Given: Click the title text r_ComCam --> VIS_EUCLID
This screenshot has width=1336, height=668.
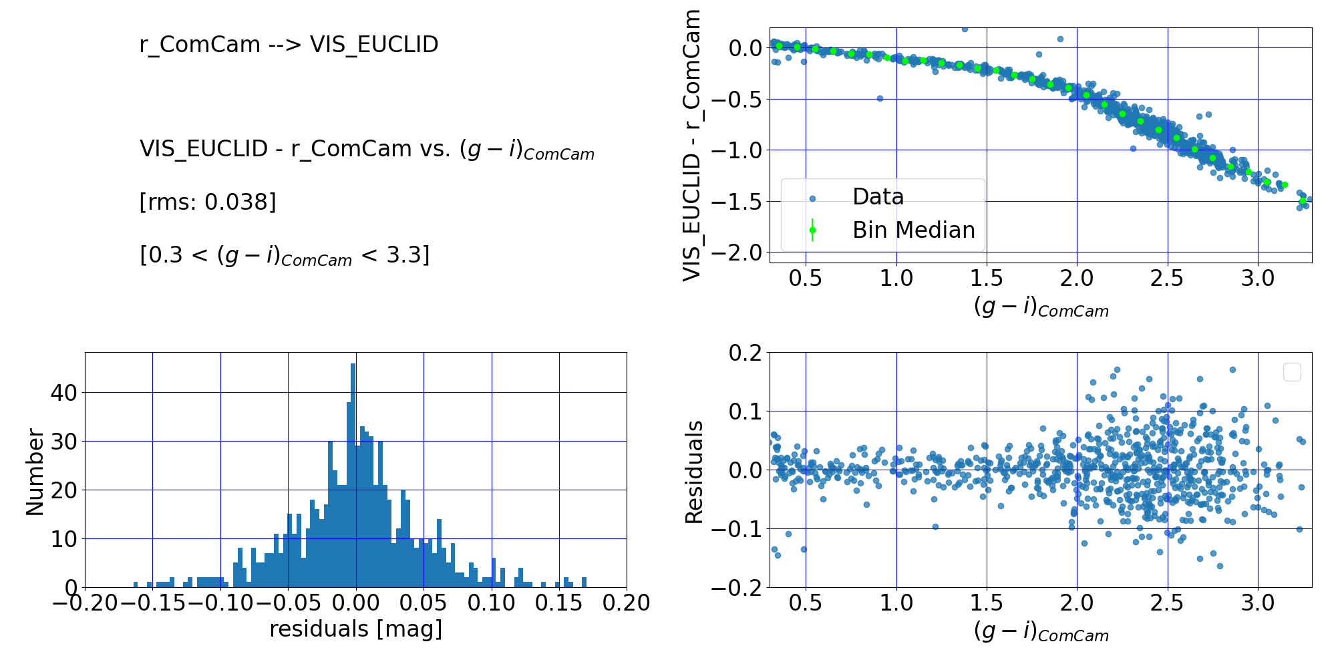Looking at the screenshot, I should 289,45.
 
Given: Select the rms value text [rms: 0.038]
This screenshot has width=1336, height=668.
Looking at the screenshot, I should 208,202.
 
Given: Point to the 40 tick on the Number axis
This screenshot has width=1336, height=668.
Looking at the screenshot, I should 64,393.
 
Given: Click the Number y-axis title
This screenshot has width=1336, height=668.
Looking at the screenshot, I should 35,472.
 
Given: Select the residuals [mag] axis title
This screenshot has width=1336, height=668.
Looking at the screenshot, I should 355,629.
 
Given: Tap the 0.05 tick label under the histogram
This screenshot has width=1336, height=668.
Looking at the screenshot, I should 424,603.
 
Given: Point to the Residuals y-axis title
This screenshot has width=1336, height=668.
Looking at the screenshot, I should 695,472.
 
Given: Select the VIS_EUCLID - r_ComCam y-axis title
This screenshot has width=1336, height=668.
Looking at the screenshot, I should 692,146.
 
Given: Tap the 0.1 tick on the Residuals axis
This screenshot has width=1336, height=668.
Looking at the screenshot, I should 745,411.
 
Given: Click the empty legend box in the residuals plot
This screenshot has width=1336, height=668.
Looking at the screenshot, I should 1292,372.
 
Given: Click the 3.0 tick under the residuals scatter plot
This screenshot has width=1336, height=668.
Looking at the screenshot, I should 1258,603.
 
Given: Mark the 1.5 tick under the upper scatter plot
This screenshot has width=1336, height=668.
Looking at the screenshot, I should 987,279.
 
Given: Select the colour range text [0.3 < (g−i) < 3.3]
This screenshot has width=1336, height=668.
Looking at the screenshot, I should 285,256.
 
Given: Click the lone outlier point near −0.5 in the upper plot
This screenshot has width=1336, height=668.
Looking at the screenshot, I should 880,98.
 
